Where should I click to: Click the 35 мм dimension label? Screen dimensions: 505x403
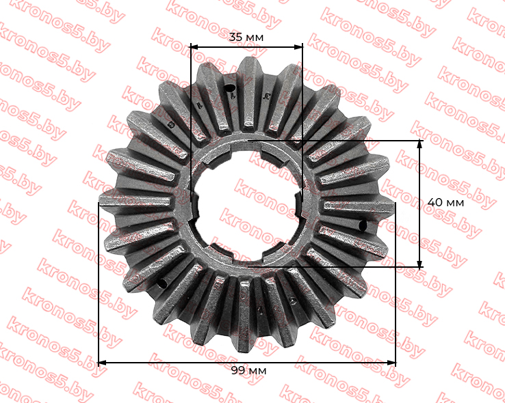coord(246,38)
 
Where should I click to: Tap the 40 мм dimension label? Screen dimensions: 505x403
coord(445,203)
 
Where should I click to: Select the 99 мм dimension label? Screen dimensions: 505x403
coord(249,371)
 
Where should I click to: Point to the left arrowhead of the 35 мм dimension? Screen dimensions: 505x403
coord(194,47)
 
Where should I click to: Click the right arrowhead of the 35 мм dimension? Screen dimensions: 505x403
coord(299,47)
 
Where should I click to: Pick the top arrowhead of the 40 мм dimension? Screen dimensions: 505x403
coord(419,144)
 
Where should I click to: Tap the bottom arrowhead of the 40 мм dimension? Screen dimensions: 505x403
coord(419,263)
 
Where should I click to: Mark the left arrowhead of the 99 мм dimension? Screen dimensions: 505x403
coord(102,363)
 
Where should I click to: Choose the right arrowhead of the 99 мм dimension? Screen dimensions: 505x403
coord(391,363)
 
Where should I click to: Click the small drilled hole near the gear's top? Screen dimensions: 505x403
coord(229,87)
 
